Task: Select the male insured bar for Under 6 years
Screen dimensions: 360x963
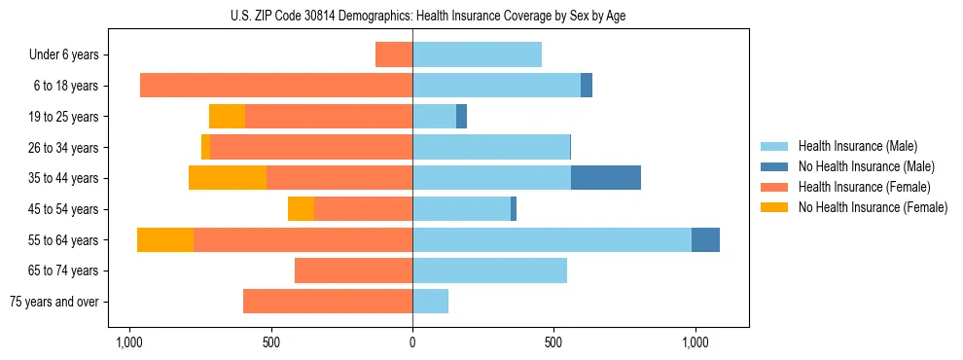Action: tap(477, 54)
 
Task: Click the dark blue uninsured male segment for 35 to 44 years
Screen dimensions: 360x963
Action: tap(605, 177)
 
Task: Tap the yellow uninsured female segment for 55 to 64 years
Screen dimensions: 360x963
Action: tap(165, 239)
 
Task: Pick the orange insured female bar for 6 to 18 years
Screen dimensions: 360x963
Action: tap(276, 86)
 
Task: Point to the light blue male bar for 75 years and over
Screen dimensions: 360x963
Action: tap(430, 302)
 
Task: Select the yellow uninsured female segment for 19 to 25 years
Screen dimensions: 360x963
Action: tap(227, 117)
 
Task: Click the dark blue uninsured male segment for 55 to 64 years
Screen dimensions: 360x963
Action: tap(705, 239)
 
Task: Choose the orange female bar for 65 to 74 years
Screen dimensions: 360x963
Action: tap(353, 270)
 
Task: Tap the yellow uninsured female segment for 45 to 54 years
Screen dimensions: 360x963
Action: tap(301, 208)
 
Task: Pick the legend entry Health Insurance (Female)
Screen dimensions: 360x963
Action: tap(864, 187)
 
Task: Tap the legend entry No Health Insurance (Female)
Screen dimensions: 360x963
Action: tap(873, 207)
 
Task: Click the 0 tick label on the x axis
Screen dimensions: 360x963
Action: tap(412, 343)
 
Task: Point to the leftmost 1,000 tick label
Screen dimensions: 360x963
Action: tap(129, 343)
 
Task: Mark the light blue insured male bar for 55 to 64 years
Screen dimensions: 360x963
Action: tap(552, 239)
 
